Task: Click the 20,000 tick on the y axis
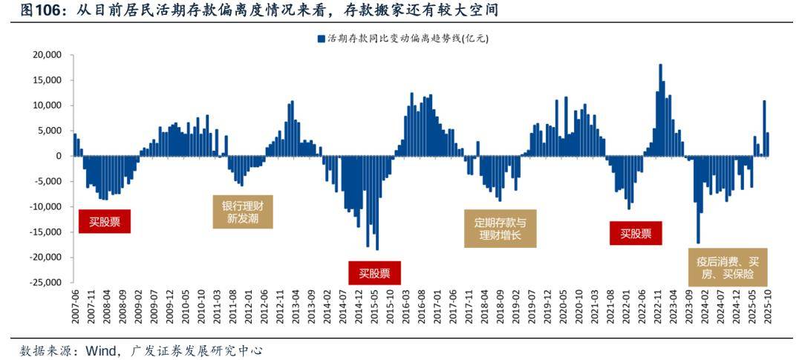point(46,55)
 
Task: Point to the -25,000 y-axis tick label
point(45,283)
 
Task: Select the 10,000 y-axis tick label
point(46,105)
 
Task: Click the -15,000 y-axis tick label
point(45,232)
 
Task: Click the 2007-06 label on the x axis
point(75,306)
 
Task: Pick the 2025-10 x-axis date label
point(768,306)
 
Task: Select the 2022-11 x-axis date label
point(659,306)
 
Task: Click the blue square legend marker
point(320,38)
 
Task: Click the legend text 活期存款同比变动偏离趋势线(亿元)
point(407,38)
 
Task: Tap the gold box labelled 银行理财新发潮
point(243,212)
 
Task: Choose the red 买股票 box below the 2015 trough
point(374,273)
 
